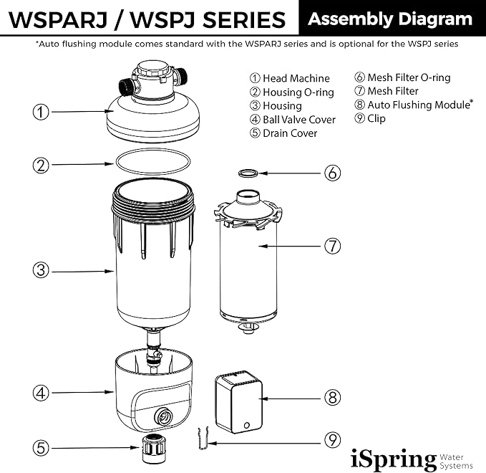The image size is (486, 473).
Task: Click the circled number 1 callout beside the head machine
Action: [41, 111]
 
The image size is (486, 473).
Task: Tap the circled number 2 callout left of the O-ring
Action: [41, 165]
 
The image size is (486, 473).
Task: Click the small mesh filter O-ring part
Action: [248, 173]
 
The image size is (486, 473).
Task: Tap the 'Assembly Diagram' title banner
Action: [390, 19]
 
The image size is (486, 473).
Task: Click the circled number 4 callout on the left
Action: [41, 392]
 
